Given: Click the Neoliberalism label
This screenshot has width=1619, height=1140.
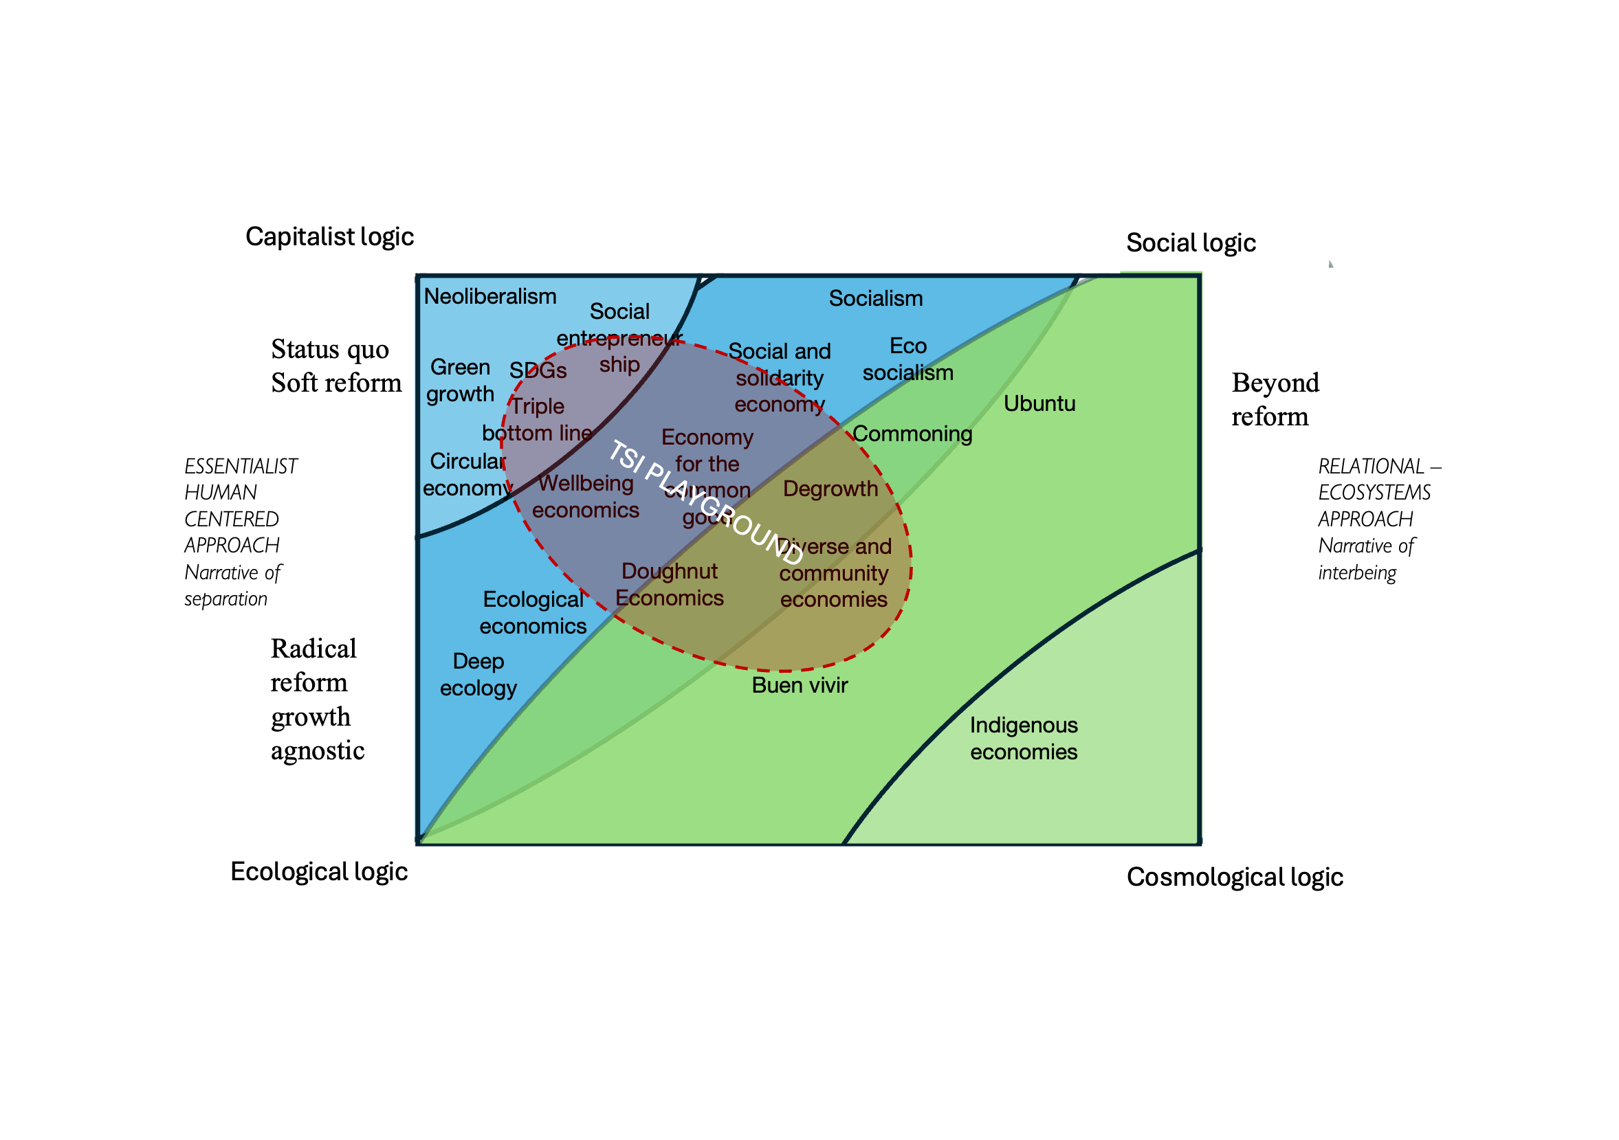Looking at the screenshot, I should click(489, 296).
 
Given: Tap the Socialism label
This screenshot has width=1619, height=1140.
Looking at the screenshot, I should click(875, 298).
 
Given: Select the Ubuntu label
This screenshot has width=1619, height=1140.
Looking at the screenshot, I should click(1039, 403).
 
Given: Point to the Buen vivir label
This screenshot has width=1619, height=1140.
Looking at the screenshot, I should click(799, 684).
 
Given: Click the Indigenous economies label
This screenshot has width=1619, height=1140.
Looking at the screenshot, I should click(1023, 738).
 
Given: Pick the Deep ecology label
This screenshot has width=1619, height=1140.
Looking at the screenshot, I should click(478, 674).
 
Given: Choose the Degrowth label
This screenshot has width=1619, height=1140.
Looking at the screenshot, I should click(830, 489).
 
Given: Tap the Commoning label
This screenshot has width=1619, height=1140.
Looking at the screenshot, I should click(912, 434).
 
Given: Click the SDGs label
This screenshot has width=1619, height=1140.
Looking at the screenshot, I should click(538, 370).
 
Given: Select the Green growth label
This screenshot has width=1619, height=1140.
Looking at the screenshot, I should click(460, 380).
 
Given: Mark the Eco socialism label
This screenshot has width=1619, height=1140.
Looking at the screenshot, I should click(907, 359).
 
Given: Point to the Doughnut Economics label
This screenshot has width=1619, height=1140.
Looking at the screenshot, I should click(669, 585).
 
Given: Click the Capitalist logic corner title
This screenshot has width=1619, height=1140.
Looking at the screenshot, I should click(329, 237).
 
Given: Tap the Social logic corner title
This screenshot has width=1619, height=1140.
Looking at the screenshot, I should click(1190, 243).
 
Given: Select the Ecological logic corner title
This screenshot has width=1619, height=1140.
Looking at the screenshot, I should click(319, 871).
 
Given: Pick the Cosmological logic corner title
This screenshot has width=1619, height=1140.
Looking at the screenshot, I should click(1234, 877).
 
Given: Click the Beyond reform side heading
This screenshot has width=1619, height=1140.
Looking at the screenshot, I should click(1274, 399).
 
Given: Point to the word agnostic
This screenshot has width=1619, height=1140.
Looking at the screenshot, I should click(318, 751).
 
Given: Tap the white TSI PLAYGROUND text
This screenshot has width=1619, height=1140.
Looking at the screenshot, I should click(705, 501).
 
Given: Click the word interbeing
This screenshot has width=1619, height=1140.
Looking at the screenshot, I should click(1356, 572).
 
